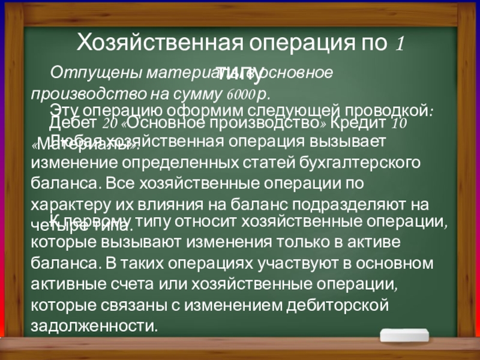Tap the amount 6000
[239, 95]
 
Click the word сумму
[202, 94]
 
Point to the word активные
[69, 284]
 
